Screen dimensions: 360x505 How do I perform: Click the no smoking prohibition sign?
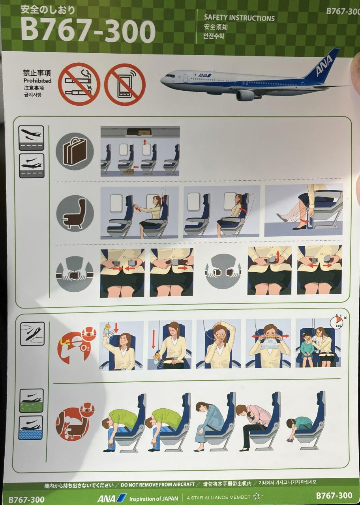(x=79, y=84)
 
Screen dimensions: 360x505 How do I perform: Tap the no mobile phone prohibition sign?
(x=125, y=84)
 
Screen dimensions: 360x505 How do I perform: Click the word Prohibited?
(x=37, y=81)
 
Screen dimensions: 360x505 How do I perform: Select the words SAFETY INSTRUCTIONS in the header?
(x=239, y=18)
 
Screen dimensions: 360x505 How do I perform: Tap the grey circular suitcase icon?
(x=75, y=151)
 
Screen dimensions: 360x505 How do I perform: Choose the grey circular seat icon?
(x=75, y=213)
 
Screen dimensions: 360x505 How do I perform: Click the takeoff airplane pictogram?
(x=31, y=138)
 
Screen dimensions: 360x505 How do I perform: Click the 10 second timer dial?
(x=336, y=323)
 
